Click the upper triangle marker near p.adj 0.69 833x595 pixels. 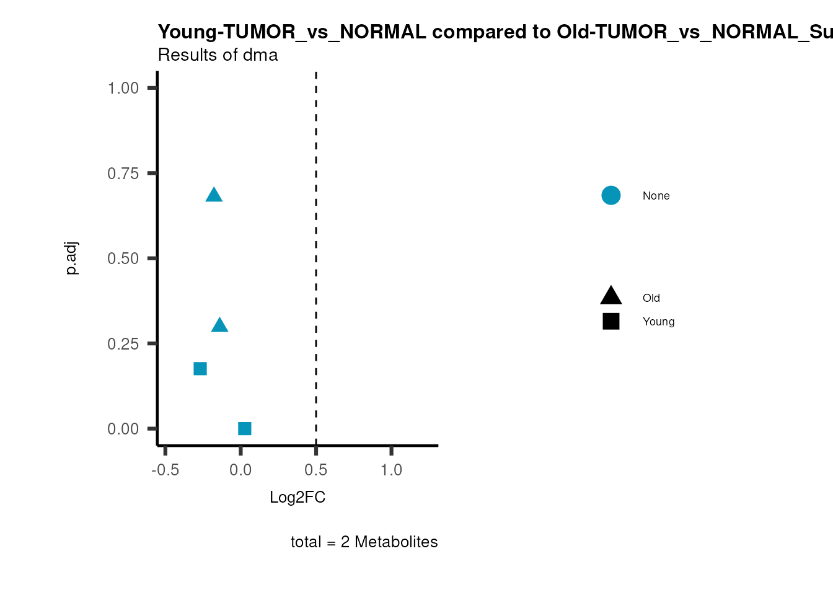point(214,195)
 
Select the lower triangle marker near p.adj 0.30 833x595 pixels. point(219,325)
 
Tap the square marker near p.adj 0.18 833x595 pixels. point(200,369)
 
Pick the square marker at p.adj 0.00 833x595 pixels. point(245,429)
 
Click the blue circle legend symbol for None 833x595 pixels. point(610,196)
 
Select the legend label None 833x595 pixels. point(656,196)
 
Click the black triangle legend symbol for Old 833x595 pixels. point(610,296)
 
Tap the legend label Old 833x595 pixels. point(651,298)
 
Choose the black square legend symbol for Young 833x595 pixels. point(610,322)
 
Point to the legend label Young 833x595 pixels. point(658,322)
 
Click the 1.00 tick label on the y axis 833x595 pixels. point(123,88)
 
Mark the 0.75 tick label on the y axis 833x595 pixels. point(123,174)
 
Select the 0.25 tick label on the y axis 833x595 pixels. point(123,344)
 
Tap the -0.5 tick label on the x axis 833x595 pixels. point(165,470)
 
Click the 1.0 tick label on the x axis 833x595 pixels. point(391,470)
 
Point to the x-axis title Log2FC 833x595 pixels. point(297,498)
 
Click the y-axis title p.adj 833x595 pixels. point(72,258)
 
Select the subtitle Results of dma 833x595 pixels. point(218,55)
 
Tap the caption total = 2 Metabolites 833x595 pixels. point(364,542)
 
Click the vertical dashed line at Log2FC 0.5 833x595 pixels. point(316,248)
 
